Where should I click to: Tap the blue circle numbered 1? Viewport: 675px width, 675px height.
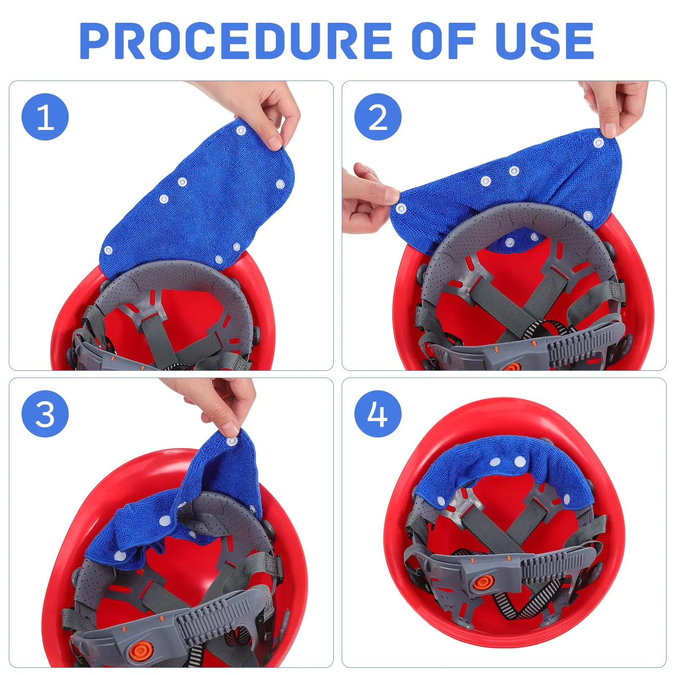tap(45, 117)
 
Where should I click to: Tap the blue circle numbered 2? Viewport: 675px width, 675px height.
tap(378, 117)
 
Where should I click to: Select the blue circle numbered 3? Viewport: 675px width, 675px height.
tap(45, 413)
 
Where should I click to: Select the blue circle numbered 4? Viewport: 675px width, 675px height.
tap(378, 413)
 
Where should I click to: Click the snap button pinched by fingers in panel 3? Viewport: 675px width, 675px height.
tap(232, 441)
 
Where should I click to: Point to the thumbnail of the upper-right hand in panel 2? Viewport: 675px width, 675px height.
tap(609, 129)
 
